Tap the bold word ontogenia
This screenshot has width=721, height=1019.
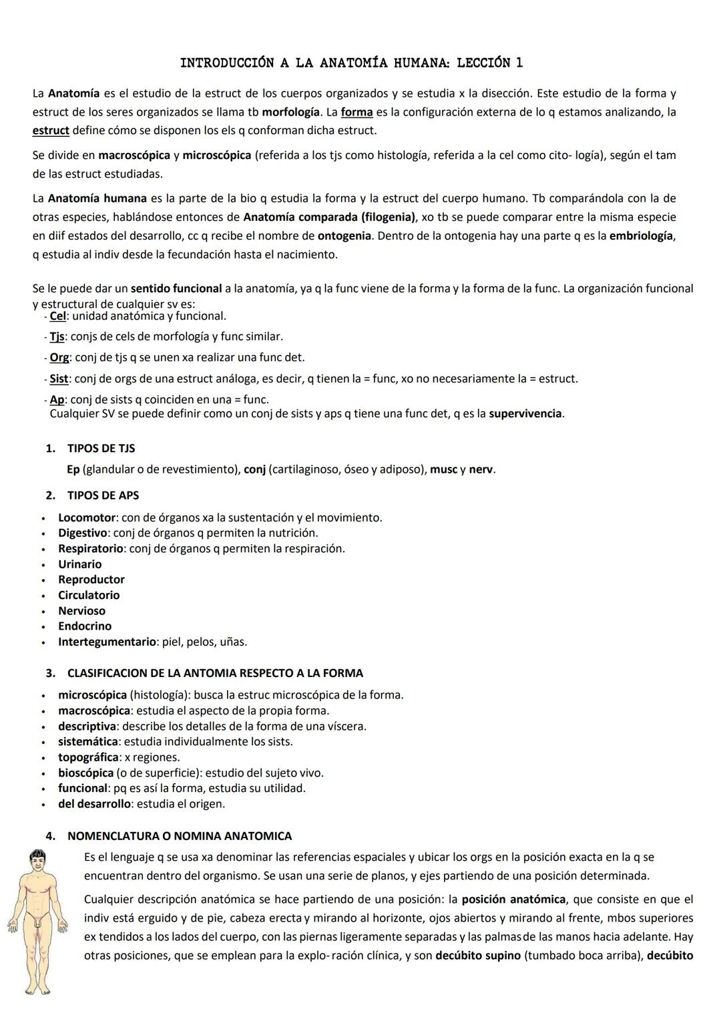pos(344,236)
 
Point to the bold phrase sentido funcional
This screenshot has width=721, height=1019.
pos(176,288)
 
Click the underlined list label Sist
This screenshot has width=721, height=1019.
pos(59,379)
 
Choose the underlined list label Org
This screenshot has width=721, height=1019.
pos(59,357)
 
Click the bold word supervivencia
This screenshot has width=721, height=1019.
pos(525,413)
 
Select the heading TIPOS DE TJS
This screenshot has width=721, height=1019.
pos(101,448)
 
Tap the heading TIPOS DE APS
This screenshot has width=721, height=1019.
pos(103,495)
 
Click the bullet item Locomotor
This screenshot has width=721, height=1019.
pos(87,518)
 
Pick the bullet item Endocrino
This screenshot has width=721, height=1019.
pos(85,626)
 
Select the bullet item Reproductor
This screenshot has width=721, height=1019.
pos(91,580)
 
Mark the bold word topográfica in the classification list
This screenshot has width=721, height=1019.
pos(88,757)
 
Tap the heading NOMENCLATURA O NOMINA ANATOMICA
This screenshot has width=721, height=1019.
pos(180,836)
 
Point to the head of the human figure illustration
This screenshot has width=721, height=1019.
pos(36,862)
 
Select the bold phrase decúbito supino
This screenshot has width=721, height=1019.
pos(477,956)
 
